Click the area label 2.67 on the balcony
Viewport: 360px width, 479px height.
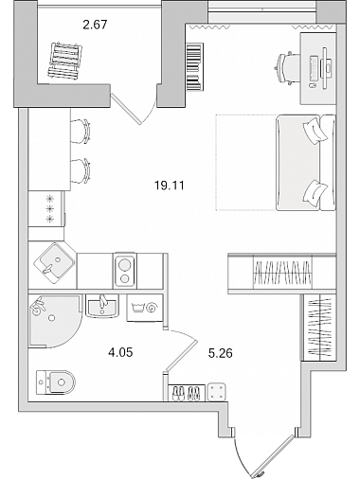[x=95, y=25]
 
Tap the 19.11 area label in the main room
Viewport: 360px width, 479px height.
[x=170, y=186]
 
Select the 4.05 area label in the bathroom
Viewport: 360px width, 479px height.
[x=120, y=352]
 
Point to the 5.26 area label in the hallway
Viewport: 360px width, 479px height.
[x=221, y=353]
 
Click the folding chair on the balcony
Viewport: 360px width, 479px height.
[x=65, y=61]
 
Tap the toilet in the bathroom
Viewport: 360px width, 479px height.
[x=56, y=382]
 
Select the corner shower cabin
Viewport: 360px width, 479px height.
[x=54, y=321]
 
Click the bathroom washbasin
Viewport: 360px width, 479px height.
[x=102, y=306]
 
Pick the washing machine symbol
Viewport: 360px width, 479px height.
[x=145, y=308]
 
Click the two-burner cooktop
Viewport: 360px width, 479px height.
[x=125, y=271]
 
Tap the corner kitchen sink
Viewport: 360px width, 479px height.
[x=54, y=263]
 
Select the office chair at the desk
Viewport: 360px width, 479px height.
[x=287, y=68]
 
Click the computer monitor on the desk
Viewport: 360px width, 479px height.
[x=326, y=67]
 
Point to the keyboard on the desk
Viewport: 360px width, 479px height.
[x=315, y=68]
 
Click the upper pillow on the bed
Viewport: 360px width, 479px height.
[x=315, y=131]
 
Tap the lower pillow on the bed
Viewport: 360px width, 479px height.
[x=315, y=193]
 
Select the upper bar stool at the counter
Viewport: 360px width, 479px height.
[x=81, y=131]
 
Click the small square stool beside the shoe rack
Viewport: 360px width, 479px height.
[x=217, y=392]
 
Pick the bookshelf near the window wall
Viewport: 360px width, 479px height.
[x=195, y=67]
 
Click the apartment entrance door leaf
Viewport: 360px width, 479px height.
[x=274, y=456]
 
